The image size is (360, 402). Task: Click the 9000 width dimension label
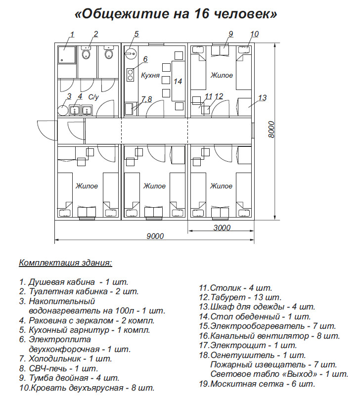click(x=155, y=236)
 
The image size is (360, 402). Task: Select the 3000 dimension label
click(x=222, y=227)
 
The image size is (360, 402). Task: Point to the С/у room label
click(x=94, y=97)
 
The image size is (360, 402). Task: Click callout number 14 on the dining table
click(x=178, y=81)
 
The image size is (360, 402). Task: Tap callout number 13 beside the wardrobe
click(x=263, y=97)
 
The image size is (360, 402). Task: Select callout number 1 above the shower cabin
click(x=72, y=34)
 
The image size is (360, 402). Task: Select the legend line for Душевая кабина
click(x=74, y=282)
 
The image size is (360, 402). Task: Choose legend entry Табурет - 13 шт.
click(x=240, y=297)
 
